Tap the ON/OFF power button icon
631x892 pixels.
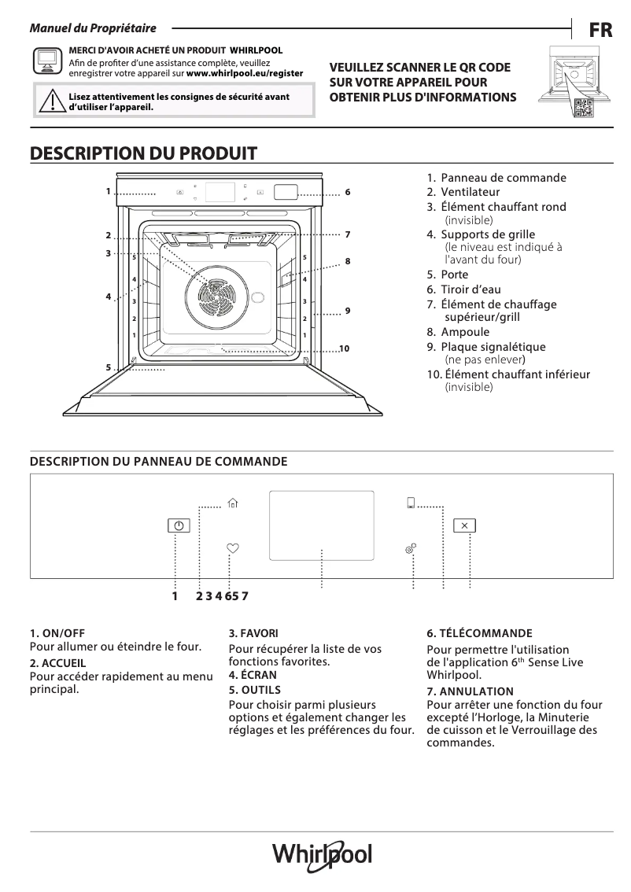[179, 526]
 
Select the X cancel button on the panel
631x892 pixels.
[464, 525]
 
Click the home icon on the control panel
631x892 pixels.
[231, 504]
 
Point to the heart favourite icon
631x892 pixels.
[231, 548]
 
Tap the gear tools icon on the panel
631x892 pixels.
[411, 548]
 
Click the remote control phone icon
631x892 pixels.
[411, 504]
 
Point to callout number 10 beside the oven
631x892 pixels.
[344, 348]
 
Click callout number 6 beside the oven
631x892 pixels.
[346, 192]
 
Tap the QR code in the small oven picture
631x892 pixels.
[583, 109]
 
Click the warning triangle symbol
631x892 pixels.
[51, 103]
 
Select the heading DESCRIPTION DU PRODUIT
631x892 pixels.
[143, 153]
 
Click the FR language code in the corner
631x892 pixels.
[600, 31]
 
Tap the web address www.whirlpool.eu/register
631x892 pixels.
[244, 72]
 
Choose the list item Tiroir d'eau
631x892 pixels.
[470, 289]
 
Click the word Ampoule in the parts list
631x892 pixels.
[464, 332]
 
